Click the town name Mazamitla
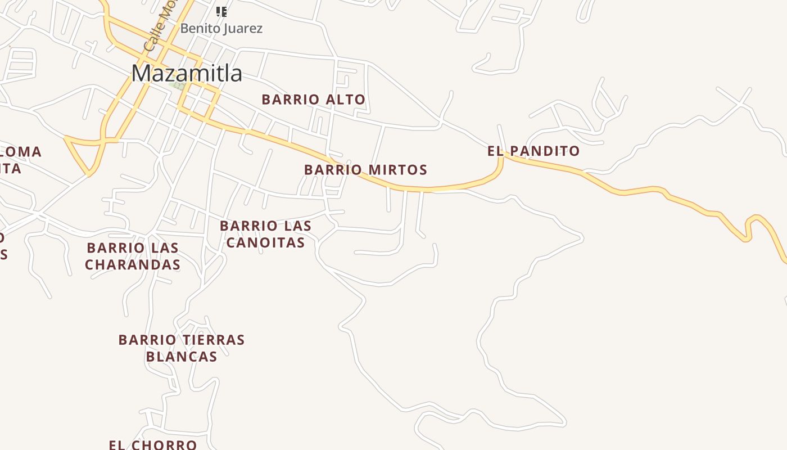(x=187, y=73)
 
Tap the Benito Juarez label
(x=221, y=28)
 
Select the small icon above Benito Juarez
(x=221, y=11)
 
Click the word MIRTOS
(x=397, y=170)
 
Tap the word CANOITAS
(x=265, y=242)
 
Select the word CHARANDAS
(x=133, y=264)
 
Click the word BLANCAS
(x=182, y=357)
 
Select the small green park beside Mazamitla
(x=179, y=86)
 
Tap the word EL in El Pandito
(x=494, y=151)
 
